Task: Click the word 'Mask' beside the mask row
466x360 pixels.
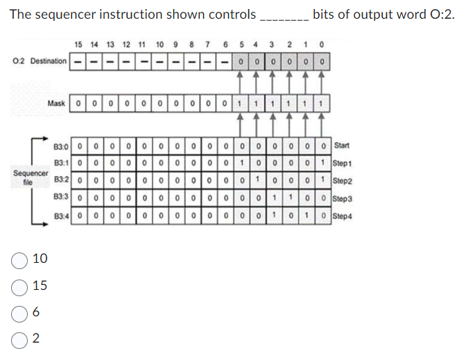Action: click(x=56, y=103)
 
